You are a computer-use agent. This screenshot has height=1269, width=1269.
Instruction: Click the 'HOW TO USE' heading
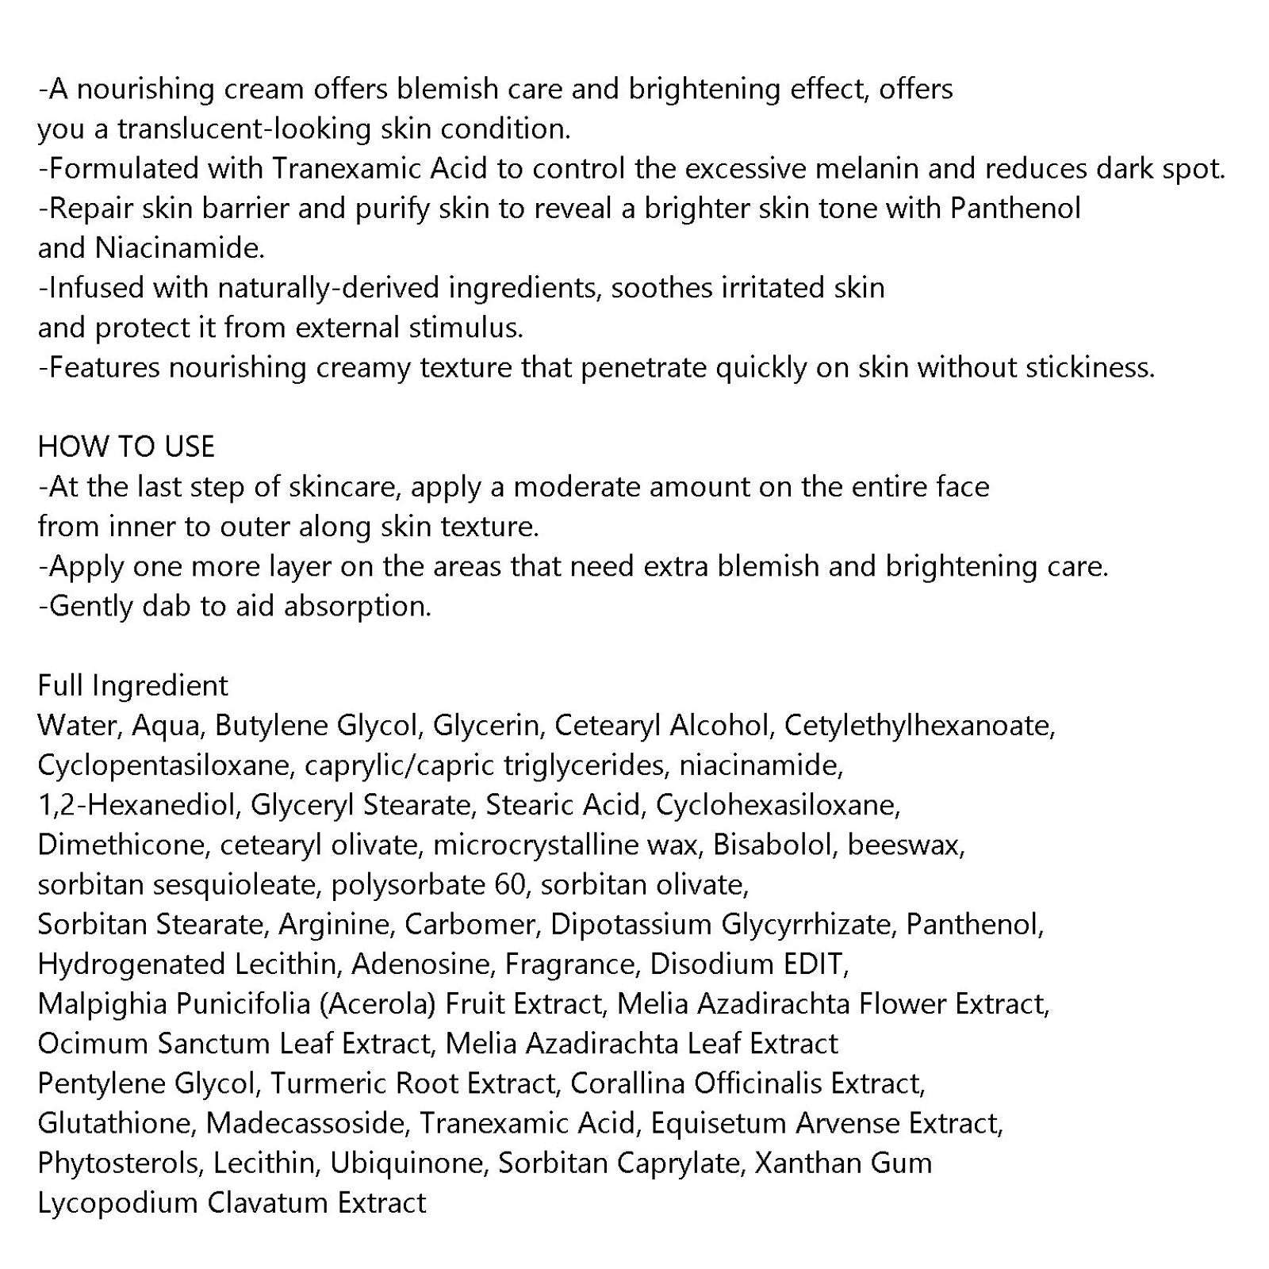pos(126,447)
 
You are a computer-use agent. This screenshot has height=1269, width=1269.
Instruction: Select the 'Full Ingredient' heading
pos(132,685)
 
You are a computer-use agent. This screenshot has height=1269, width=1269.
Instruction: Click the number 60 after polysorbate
pos(510,884)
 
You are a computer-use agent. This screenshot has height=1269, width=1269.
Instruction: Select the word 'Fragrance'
pos(571,964)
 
